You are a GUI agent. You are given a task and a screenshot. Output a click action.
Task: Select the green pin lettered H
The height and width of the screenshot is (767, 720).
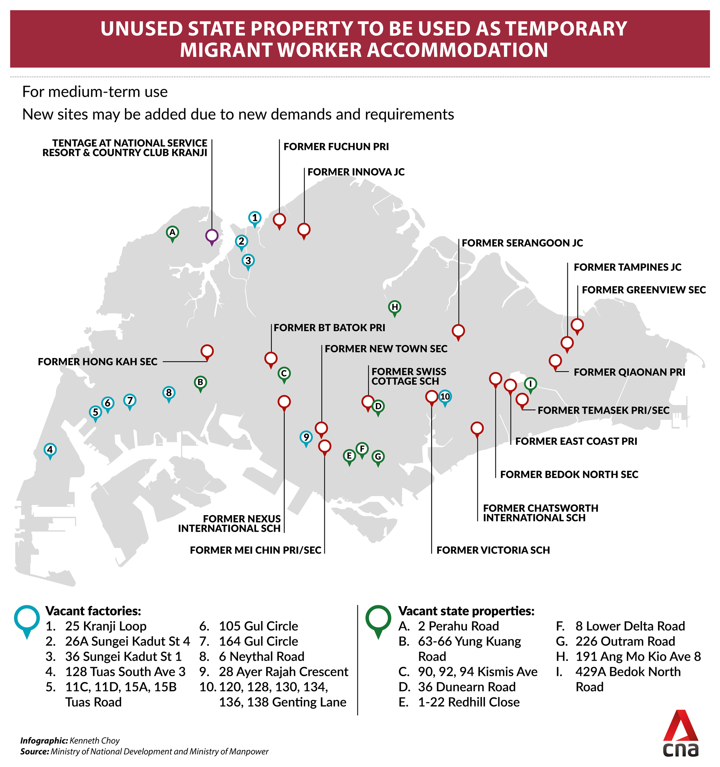394,307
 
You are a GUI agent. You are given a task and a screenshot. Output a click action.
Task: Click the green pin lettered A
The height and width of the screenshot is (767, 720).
172,232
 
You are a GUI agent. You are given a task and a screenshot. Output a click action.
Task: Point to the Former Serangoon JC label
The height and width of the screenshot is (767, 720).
522,243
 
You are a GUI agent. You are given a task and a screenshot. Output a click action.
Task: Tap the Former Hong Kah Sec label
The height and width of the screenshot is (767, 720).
97,362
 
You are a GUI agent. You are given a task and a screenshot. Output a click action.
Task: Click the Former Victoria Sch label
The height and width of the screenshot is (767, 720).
493,550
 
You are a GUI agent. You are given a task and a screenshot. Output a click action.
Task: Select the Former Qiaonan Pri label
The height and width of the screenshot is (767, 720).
629,372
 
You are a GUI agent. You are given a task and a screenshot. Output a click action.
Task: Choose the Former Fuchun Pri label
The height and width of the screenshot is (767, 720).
336,147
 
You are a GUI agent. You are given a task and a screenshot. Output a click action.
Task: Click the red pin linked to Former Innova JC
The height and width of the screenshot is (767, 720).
304,230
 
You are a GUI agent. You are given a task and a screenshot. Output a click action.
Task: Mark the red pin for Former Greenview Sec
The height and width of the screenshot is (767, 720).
577,325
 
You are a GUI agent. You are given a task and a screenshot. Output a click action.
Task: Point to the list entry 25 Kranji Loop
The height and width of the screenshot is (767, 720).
106,626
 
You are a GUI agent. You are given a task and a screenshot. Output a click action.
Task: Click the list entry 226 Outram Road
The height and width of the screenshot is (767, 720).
625,641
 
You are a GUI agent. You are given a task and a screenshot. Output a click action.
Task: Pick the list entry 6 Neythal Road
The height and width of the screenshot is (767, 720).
261,656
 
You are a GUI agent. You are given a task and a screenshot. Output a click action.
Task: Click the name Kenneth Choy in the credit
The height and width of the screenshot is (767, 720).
94,741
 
